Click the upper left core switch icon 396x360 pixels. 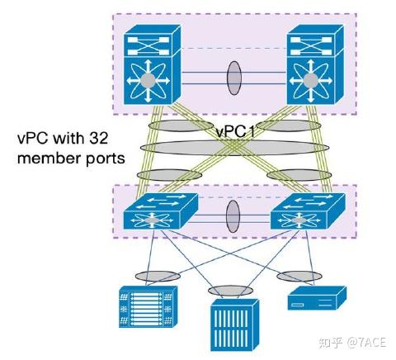[x=149, y=66]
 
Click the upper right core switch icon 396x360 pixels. [x=312, y=66]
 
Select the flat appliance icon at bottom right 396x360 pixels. [x=316, y=300]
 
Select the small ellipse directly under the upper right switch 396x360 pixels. [x=295, y=126]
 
